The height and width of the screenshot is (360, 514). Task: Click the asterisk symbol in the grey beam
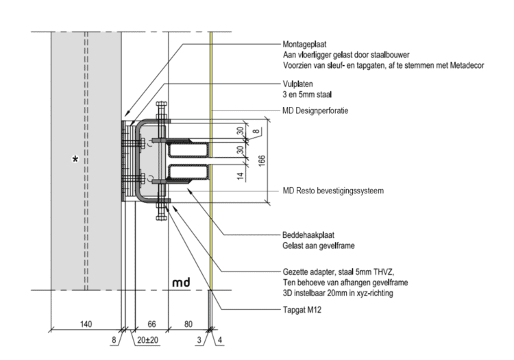76,160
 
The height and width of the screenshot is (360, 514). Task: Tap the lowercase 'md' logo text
181,282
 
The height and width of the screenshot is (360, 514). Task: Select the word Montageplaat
306,43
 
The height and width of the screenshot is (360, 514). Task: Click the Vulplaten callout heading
298,84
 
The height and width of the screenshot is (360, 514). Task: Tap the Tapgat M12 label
302,309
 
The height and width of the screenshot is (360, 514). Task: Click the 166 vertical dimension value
264,159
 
